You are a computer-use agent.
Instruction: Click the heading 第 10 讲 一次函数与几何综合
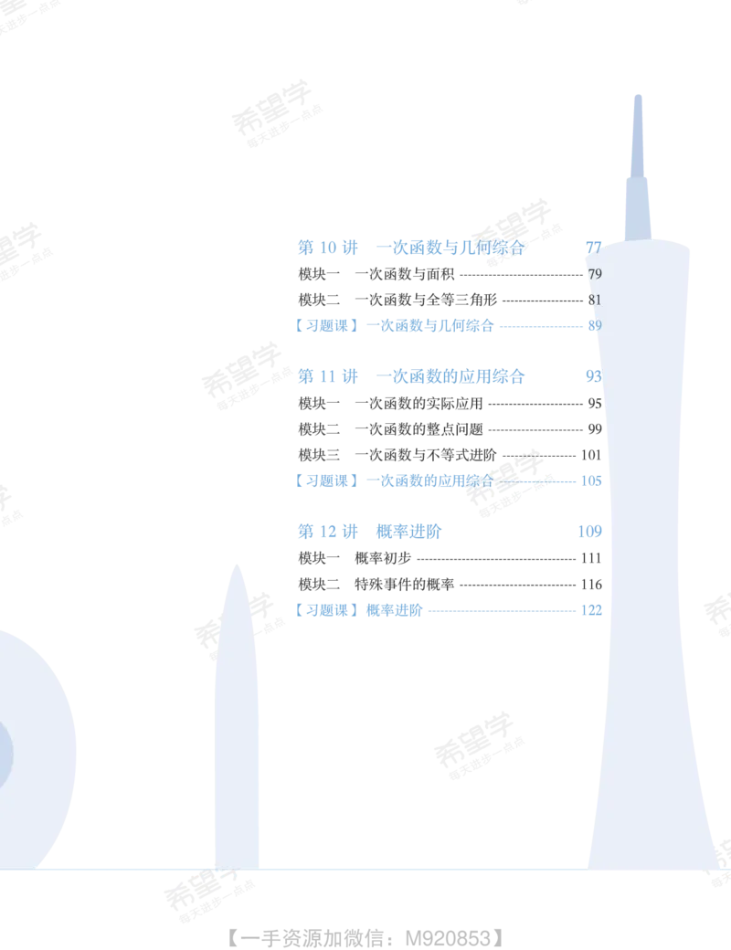click(411, 248)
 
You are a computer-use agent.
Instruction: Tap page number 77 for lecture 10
click(593, 248)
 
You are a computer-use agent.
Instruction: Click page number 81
click(595, 300)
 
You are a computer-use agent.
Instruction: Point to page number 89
click(595, 325)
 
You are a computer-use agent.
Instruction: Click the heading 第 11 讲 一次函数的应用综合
click(411, 376)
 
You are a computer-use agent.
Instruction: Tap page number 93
click(593, 376)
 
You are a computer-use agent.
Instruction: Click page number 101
click(591, 455)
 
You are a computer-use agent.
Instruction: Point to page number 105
click(591, 481)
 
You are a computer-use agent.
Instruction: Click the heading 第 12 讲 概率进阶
click(370, 532)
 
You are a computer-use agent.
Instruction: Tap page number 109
click(589, 532)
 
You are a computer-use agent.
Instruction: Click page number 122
click(591, 610)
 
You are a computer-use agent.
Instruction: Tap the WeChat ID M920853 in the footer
click(448, 938)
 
